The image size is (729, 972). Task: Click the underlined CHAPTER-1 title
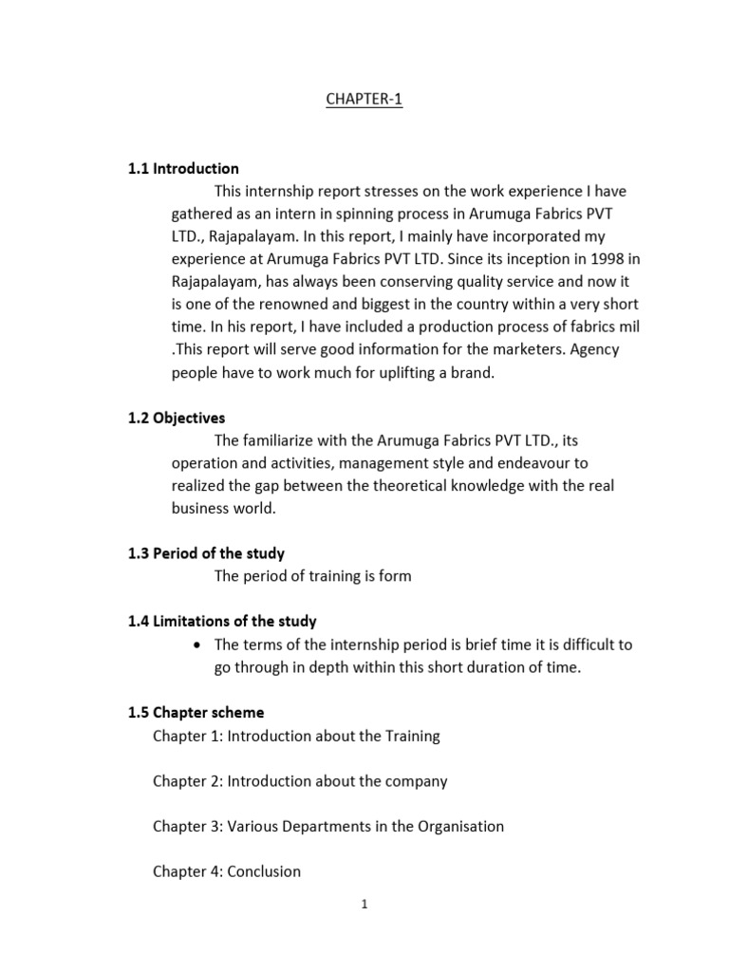pyautogui.click(x=364, y=100)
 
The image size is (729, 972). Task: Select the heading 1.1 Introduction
pyautogui.click(x=183, y=169)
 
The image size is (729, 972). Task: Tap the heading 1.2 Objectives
pyautogui.click(x=177, y=418)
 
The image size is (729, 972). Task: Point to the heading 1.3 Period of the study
pyautogui.click(x=206, y=553)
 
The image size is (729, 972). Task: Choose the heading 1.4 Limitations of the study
pyautogui.click(x=222, y=622)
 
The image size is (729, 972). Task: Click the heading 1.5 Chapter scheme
pyautogui.click(x=196, y=712)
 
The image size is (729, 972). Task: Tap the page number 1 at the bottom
pyautogui.click(x=364, y=905)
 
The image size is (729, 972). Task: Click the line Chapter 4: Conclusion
pyautogui.click(x=227, y=871)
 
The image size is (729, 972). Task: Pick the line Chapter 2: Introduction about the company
pyautogui.click(x=300, y=781)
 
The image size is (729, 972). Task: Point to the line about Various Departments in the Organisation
pyautogui.click(x=328, y=826)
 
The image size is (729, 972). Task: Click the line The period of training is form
pyautogui.click(x=313, y=576)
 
